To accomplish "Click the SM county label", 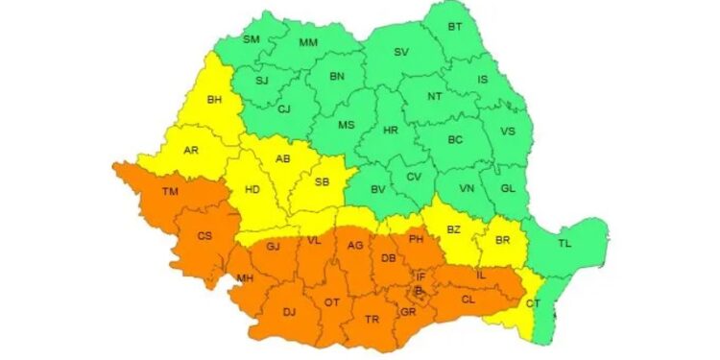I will coord(251,39).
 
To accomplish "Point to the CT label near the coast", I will coord(533,304).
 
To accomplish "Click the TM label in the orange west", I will coord(170,193).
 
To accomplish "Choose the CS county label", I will coord(204,235).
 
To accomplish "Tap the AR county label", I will coord(191,150).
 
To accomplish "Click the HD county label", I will coord(252,190).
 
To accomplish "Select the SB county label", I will coord(322,181).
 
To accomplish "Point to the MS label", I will coord(346,125).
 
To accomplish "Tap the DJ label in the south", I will coord(289,310).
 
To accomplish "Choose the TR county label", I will coord(372,319).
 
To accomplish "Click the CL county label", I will coord(468,299).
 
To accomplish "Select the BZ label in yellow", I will coord(454,229).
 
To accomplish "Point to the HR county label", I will coord(390,130).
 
